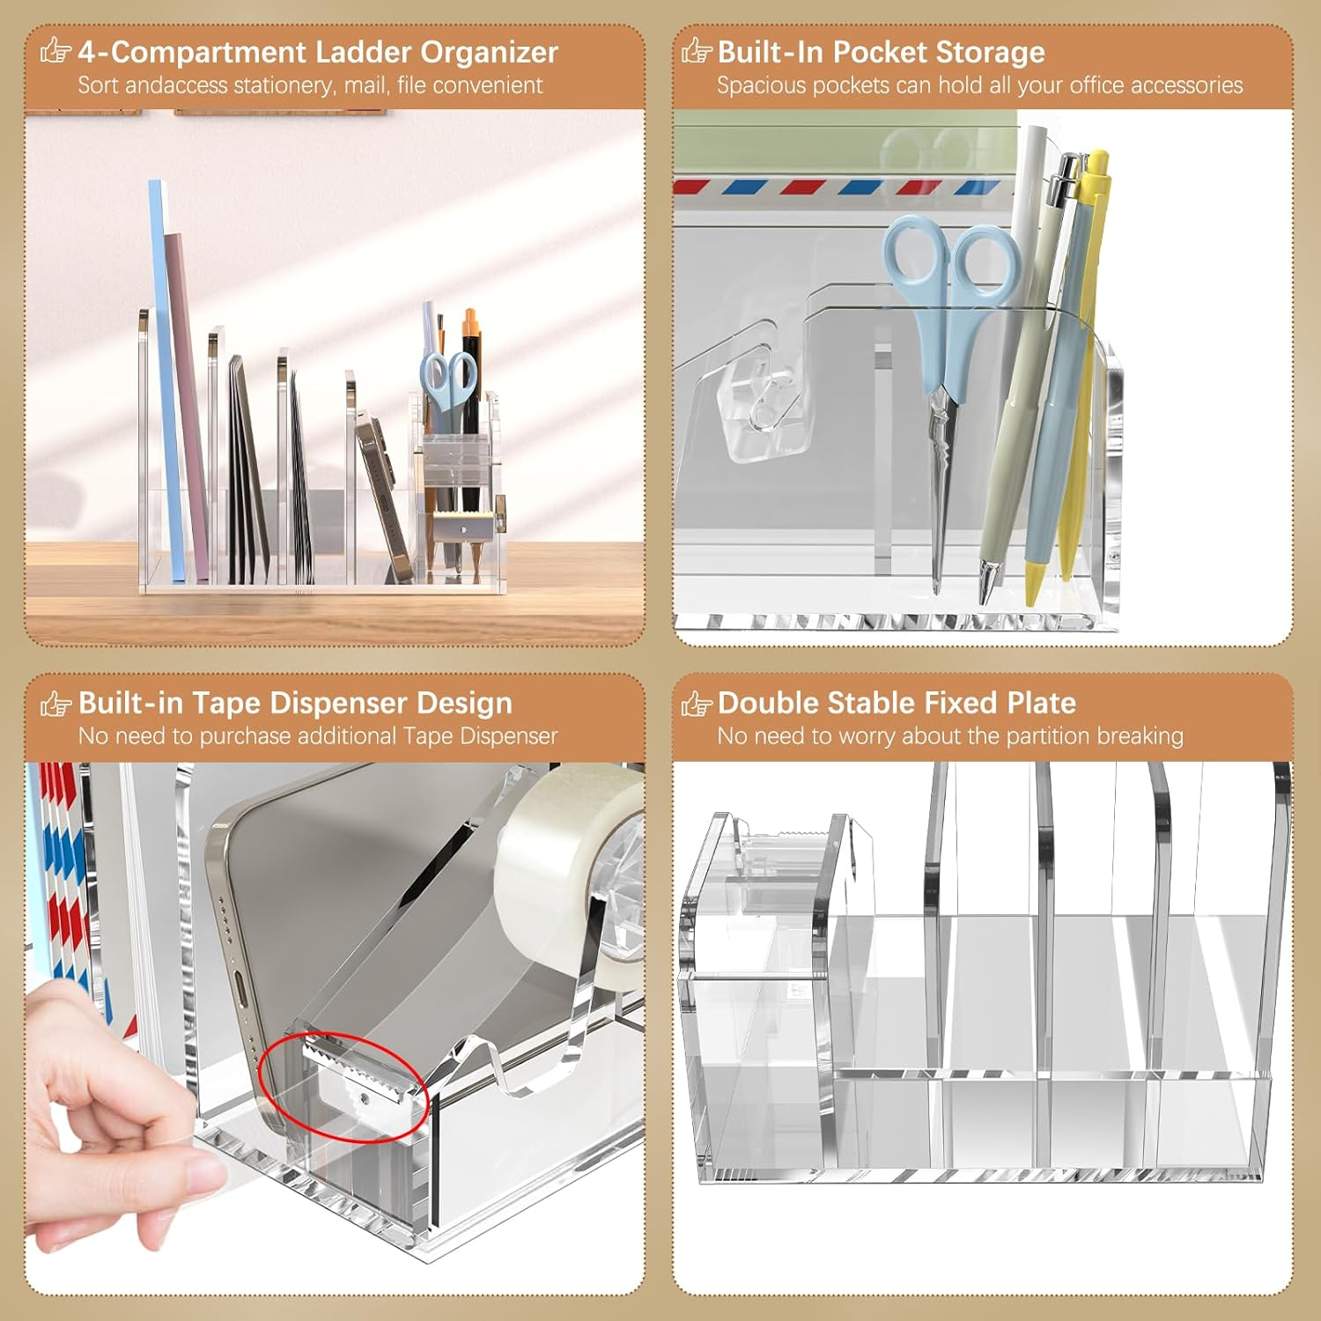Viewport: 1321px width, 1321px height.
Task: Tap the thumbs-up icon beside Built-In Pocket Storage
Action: point(696,51)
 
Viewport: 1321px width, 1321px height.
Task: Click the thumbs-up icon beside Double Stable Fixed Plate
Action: point(696,703)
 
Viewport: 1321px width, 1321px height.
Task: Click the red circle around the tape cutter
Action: point(344,1087)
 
